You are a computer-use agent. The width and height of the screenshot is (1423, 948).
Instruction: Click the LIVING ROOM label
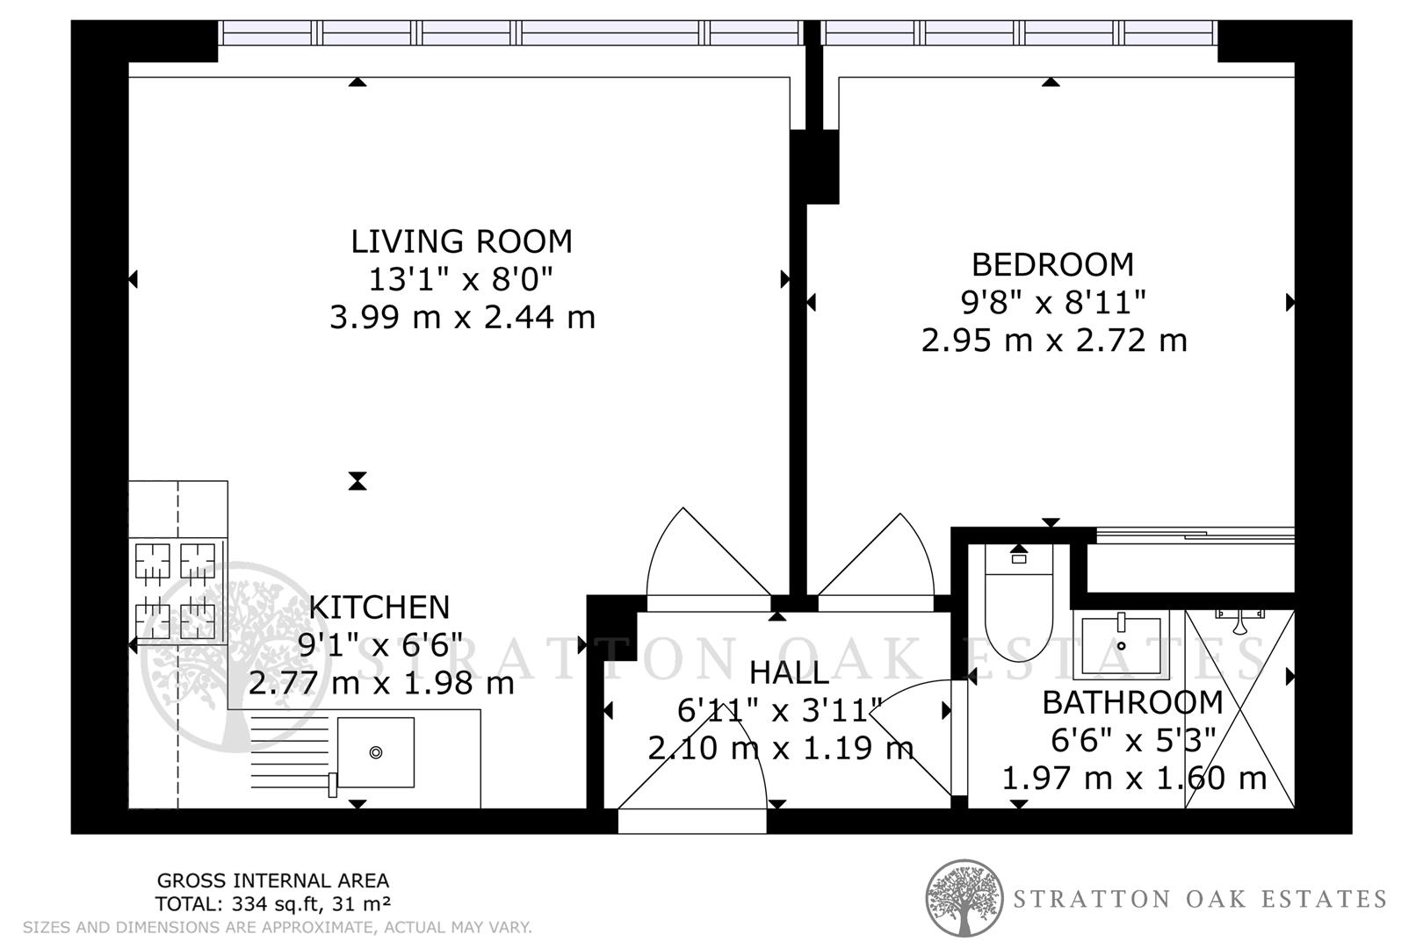(461, 241)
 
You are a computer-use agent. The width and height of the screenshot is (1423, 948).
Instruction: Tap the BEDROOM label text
(1052, 264)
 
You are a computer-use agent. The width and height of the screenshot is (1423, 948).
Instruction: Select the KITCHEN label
(379, 607)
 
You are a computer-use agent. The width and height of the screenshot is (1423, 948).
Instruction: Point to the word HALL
(788, 673)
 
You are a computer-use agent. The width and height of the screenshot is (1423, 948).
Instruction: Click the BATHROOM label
(1132, 702)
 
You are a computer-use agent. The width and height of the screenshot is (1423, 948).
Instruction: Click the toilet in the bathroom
(1018, 606)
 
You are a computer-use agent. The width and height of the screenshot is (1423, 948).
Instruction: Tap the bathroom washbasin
(1121, 645)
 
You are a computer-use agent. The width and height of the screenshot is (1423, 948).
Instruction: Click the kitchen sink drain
(376, 752)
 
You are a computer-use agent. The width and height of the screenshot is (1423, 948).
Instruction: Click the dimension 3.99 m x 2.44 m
(462, 317)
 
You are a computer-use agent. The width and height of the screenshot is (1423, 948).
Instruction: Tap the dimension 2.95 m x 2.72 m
(1053, 340)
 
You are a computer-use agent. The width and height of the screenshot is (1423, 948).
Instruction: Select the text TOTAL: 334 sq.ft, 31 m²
(272, 903)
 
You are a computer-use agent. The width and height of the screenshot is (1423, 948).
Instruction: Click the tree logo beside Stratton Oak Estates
(964, 897)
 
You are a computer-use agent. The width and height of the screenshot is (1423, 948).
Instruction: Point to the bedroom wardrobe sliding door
(1195, 533)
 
